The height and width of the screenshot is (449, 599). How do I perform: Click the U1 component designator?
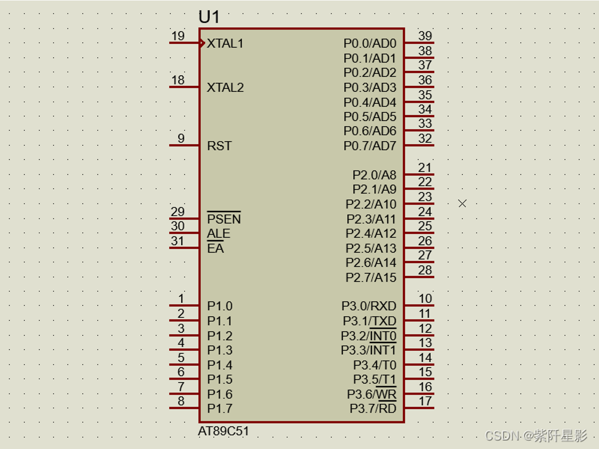[x=209, y=17]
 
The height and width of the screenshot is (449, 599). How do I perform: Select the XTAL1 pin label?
[x=225, y=43]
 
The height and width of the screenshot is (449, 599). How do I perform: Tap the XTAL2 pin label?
[x=225, y=88]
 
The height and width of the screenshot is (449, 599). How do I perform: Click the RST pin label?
[x=220, y=146]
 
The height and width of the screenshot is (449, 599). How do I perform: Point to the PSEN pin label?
[x=224, y=219]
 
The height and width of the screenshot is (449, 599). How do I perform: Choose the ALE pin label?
[x=219, y=233]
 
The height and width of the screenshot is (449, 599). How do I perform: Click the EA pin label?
[x=216, y=248]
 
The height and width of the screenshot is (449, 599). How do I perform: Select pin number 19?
[x=178, y=36]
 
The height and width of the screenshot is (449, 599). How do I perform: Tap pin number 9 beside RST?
[x=181, y=138]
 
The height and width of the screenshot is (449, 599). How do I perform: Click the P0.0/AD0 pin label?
[x=370, y=43]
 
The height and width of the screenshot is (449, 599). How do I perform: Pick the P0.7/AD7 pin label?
[x=370, y=146]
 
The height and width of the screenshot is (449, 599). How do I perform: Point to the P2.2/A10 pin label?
[x=371, y=205]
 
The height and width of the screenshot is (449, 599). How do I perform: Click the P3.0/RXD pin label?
[x=369, y=306]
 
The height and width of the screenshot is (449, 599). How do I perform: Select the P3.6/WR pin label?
[x=372, y=394]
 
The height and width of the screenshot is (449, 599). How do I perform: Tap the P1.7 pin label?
[x=220, y=409]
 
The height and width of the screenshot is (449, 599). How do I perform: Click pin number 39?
[x=425, y=36]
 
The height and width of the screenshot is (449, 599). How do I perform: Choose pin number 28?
[x=425, y=270]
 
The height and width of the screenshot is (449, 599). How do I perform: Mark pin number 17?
[x=425, y=401]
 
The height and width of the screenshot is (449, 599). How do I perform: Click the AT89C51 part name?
[x=223, y=431]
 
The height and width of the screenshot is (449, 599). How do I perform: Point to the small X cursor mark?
[x=462, y=204]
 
